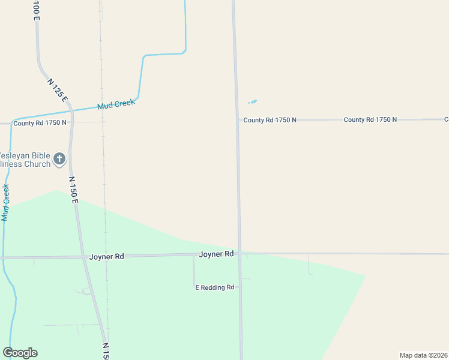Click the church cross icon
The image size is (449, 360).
[59, 158]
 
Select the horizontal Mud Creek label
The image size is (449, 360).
[116, 104]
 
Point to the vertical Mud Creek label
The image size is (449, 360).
[6, 203]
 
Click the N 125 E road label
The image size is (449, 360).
[58, 90]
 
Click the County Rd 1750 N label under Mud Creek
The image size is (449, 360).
[40, 123]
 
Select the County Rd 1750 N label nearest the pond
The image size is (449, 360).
[270, 120]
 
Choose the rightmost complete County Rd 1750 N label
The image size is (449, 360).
[370, 120]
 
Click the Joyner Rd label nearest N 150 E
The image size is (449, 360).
[106, 256]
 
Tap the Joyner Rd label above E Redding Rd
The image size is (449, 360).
[216, 254]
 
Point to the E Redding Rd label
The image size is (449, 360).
[215, 288]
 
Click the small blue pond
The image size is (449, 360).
[252, 101]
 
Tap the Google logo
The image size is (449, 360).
[20, 353]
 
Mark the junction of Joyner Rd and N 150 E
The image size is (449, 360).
[83, 257]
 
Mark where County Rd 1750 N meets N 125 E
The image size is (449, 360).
[71, 122]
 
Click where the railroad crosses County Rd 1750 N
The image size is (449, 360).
[103, 122]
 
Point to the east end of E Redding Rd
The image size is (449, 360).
[240, 287]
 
